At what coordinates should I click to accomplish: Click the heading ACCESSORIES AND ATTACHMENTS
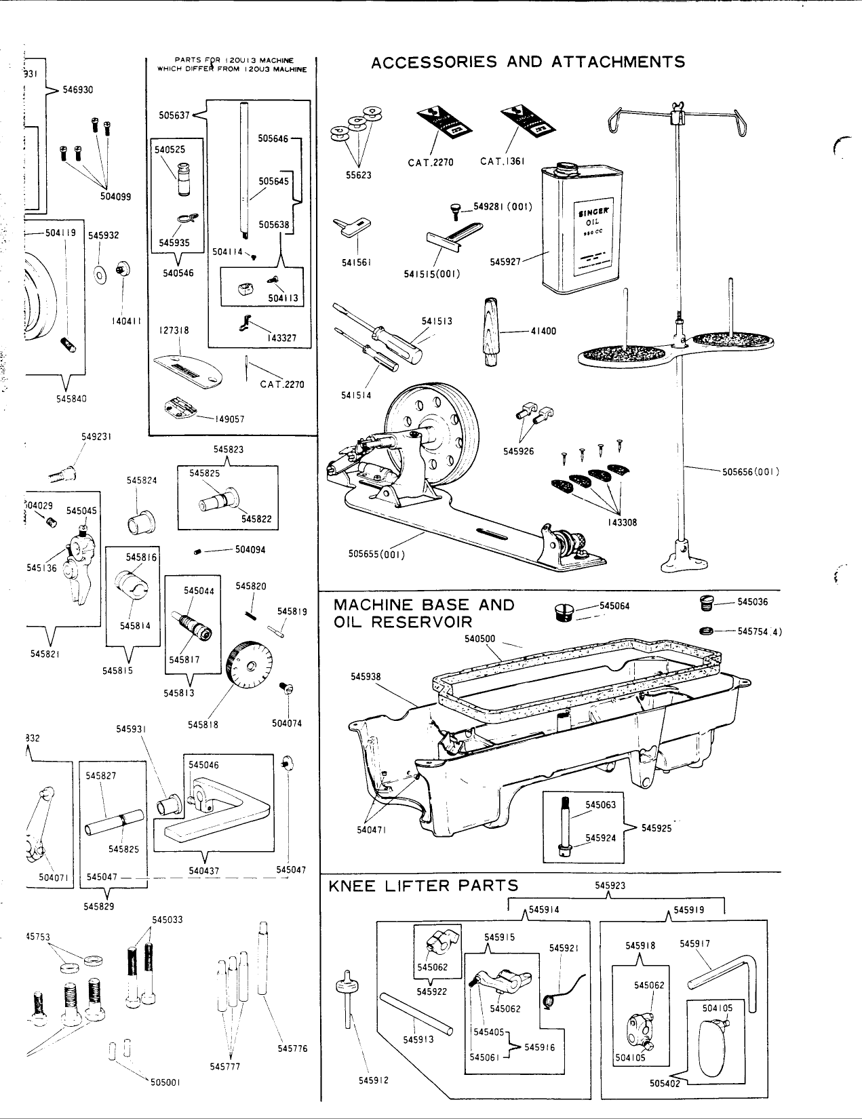click(528, 62)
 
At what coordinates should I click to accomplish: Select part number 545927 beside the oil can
click(505, 260)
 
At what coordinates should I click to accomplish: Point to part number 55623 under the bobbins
click(359, 175)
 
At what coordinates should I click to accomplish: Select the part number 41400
click(543, 331)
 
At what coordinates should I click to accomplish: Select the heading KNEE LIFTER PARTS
click(423, 885)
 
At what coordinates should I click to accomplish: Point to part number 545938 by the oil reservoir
click(366, 676)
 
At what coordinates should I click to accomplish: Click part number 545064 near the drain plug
click(614, 605)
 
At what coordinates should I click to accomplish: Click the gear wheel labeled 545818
click(250, 664)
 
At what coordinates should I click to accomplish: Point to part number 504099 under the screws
click(116, 196)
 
